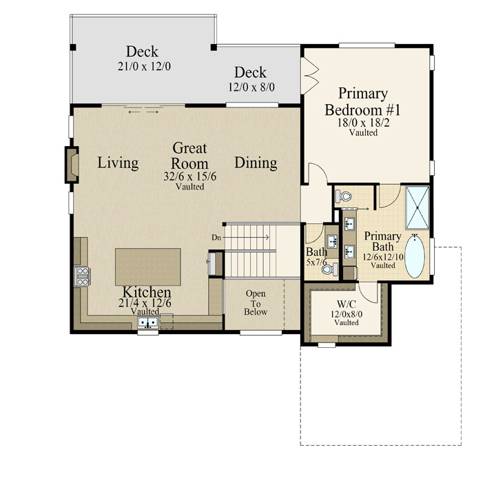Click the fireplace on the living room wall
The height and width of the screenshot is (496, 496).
72,165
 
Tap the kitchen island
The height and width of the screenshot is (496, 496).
148,267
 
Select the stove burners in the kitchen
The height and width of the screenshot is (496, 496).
82,276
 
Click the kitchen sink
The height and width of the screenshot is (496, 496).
148,322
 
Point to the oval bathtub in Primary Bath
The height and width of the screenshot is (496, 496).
415,256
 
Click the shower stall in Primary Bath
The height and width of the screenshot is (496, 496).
417,207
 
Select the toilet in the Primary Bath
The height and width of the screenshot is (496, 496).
343,196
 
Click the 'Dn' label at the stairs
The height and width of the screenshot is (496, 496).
216,237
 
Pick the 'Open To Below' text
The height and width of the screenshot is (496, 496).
256,302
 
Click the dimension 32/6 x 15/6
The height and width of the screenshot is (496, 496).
190,176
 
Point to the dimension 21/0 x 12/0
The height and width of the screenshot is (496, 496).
144,66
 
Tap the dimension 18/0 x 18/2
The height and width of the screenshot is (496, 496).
364,123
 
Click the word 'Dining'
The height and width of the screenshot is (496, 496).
256,163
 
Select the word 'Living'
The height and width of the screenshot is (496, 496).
118,163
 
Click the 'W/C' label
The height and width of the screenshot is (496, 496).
347,304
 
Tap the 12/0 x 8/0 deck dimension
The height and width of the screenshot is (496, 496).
251,87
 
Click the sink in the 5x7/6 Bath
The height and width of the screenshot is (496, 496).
332,241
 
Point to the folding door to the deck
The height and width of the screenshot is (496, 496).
310,76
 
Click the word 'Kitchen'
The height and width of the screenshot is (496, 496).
147,292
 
